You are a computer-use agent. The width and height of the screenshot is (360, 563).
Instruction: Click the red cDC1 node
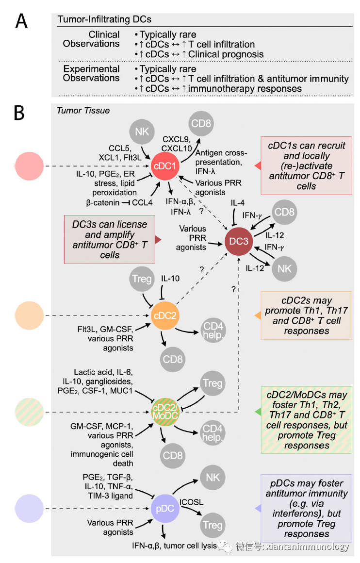click(165, 166)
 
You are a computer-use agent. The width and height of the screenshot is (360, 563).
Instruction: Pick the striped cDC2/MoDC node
click(165, 412)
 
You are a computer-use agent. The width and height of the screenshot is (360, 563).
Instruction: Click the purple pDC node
click(165, 509)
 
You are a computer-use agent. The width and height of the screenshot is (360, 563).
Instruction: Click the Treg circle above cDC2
click(143, 279)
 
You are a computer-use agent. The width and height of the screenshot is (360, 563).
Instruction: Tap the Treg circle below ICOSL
click(212, 525)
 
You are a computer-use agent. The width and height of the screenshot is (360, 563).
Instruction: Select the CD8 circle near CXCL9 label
click(201, 123)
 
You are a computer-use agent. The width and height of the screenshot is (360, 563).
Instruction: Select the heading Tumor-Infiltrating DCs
click(104, 19)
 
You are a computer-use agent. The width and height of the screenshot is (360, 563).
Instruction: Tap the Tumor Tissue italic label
click(83, 110)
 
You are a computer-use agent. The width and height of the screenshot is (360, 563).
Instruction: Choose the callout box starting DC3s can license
click(110, 239)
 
